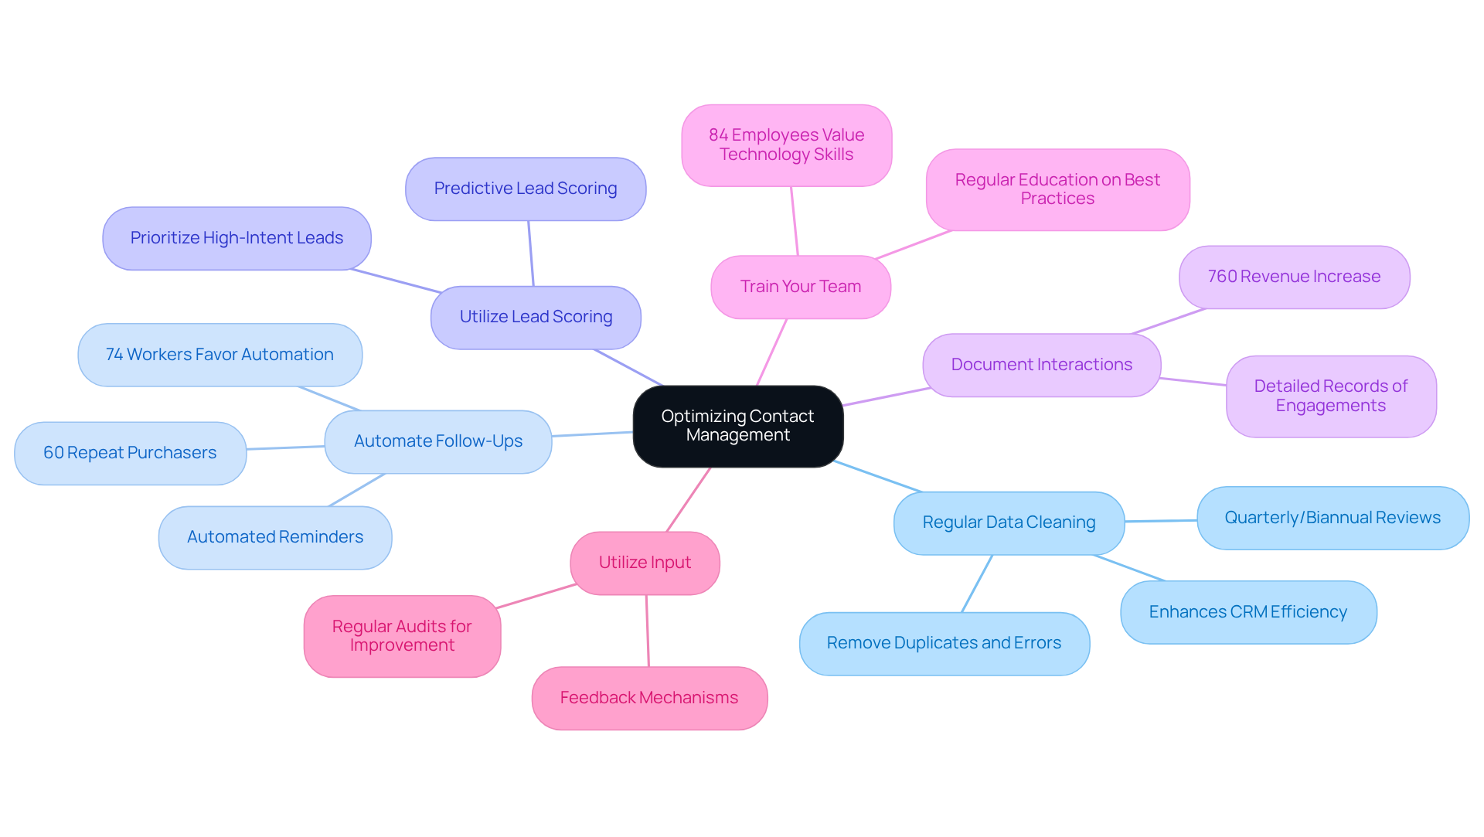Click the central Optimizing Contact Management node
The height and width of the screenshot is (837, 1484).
(x=737, y=426)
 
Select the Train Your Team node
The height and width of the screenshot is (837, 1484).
(x=800, y=287)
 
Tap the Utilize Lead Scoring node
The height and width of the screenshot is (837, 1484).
(x=536, y=317)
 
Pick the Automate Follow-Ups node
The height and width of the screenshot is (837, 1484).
(x=437, y=441)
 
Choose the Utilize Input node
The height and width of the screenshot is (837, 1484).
(x=645, y=563)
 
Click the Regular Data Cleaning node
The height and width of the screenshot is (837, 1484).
(x=1008, y=522)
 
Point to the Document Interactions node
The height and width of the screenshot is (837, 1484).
(x=1041, y=365)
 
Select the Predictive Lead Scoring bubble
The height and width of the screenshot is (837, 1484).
(x=525, y=189)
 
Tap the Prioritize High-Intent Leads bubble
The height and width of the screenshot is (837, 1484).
(x=237, y=238)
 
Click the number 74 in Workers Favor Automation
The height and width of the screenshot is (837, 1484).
(x=114, y=355)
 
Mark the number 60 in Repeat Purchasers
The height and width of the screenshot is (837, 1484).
(x=53, y=453)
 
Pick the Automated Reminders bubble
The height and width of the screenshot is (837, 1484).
(x=274, y=537)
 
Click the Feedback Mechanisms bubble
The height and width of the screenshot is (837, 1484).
(x=648, y=698)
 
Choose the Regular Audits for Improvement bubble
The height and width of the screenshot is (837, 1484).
(x=402, y=636)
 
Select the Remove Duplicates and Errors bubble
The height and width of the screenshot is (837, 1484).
(x=944, y=643)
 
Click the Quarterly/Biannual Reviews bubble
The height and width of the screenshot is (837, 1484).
(x=1332, y=518)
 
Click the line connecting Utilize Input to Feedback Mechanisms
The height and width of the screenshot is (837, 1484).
(x=648, y=631)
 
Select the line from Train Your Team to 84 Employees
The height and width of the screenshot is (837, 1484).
(x=795, y=221)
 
